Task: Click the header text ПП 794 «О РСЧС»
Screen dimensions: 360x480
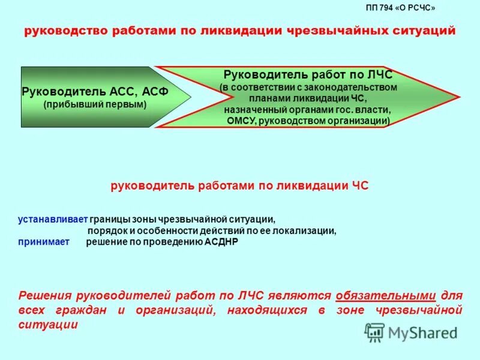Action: (x=400, y=8)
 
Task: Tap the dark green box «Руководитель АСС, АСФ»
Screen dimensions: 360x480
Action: (x=96, y=97)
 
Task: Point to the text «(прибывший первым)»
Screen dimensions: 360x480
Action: (x=95, y=104)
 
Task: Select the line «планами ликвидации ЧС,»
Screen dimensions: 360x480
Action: (x=307, y=98)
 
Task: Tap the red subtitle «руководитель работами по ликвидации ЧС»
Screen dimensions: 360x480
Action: (x=239, y=186)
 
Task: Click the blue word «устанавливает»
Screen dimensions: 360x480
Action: (x=53, y=220)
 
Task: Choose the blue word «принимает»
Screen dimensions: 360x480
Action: (x=43, y=242)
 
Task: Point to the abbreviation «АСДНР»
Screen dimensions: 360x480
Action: (x=221, y=242)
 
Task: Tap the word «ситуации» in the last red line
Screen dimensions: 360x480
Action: (x=49, y=325)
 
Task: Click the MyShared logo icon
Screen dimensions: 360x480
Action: (x=374, y=332)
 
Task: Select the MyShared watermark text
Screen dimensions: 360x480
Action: (x=422, y=332)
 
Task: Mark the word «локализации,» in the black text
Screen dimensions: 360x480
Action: (x=307, y=230)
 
